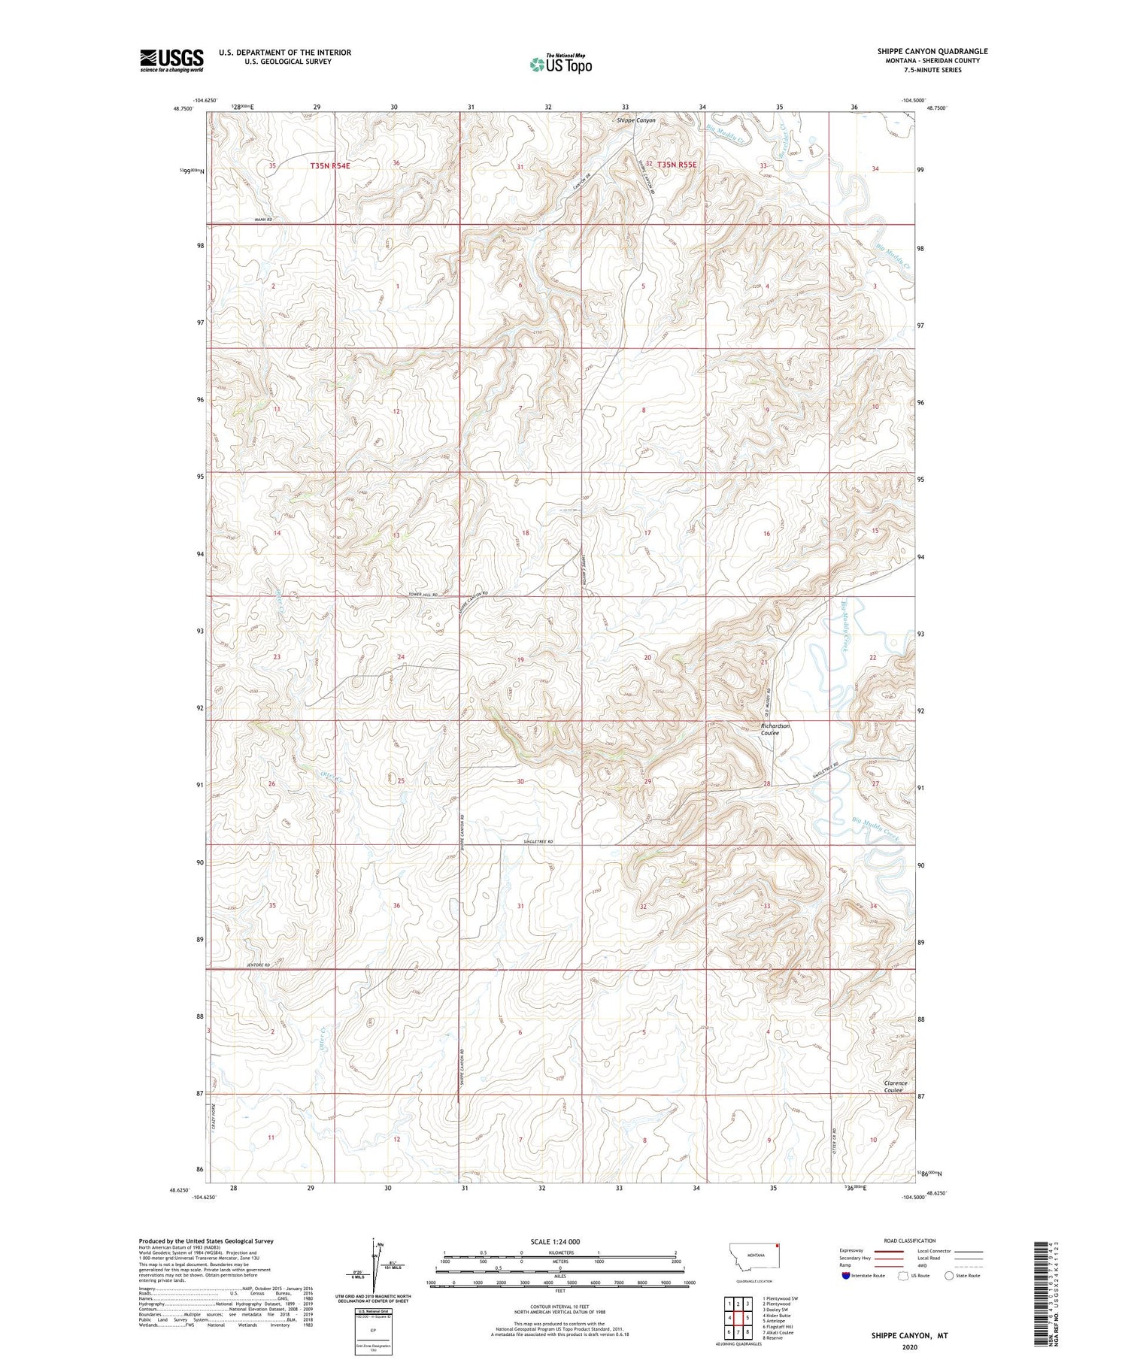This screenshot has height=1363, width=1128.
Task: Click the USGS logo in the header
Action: (x=171, y=60)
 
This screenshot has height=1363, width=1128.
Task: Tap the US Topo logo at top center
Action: (x=560, y=64)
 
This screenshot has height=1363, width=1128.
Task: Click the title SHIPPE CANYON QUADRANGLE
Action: (x=932, y=51)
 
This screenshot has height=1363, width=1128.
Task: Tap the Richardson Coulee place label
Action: (x=775, y=729)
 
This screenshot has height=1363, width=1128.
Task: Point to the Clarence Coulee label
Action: (x=895, y=1086)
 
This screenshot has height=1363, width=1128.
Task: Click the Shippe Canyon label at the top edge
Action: (x=635, y=120)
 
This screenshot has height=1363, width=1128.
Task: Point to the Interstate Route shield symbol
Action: (x=846, y=1276)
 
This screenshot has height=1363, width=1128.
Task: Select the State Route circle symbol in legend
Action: (x=950, y=1276)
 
